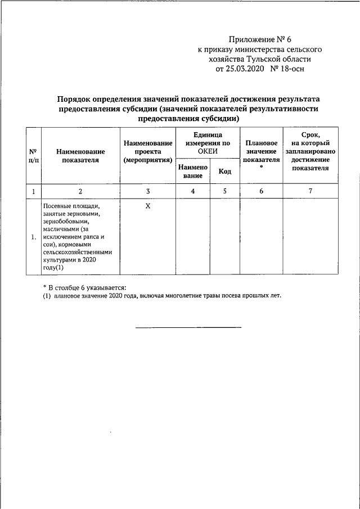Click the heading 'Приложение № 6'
click(260, 39)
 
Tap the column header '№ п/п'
click(33, 156)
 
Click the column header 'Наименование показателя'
click(80, 156)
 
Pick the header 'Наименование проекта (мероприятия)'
click(148, 152)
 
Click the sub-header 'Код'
click(225, 171)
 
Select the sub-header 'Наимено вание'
click(193, 171)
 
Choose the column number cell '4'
click(193, 191)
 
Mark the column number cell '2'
click(80, 191)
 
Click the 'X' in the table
click(148, 206)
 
